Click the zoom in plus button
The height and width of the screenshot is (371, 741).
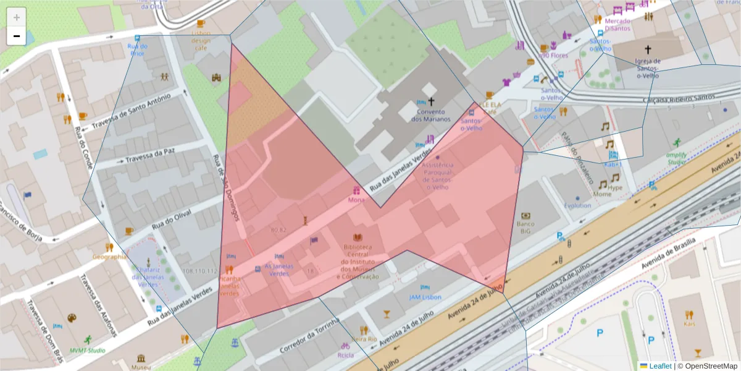tap(17, 17)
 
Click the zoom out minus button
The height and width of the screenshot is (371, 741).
tap(17, 36)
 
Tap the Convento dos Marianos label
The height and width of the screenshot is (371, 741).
tap(431, 115)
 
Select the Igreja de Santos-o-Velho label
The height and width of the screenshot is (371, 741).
tap(648, 68)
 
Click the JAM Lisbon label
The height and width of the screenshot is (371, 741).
tap(425, 297)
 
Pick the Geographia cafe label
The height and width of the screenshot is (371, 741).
tap(109, 257)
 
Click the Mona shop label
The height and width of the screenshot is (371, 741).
tap(356, 200)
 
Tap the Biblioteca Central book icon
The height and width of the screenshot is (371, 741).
tap(358, 237)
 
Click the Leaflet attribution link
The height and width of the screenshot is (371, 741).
tap(659, 366)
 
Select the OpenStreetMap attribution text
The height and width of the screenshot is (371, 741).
tap(707, 366)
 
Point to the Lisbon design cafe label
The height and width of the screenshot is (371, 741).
tap(201, 40)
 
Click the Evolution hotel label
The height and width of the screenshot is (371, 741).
tap(577, 205)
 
